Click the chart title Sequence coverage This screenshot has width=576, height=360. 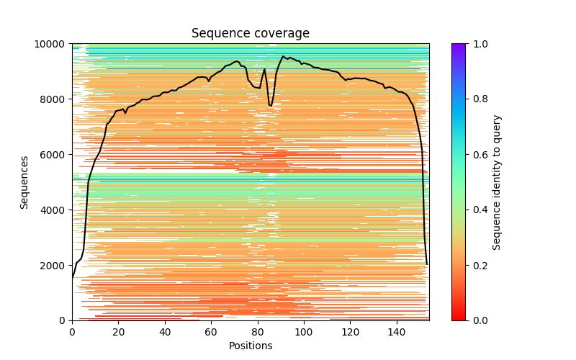pos(251,33)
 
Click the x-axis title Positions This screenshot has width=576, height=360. pos(251,346)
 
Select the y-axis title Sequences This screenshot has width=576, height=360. pos(24,182)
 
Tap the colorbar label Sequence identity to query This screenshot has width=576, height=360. pos(497,182)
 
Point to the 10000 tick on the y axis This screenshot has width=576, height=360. pos(52,44)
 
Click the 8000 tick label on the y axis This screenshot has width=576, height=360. pos(54,99)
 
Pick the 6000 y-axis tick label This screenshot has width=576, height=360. pos(54,155)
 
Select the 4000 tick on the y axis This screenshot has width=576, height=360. pos(54,210)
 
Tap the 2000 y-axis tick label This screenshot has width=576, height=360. pos(54,266)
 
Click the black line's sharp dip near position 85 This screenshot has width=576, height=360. pos(271,106)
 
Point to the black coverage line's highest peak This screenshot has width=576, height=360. pos(284,56)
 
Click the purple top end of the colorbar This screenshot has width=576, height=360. pos(458,46)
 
